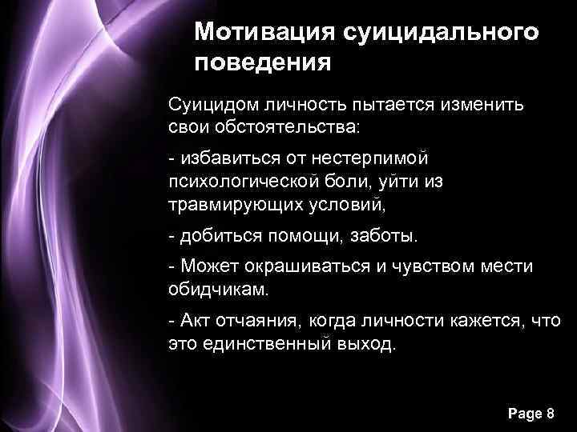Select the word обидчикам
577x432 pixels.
pos(211,289)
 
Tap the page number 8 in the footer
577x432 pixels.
pos(549,414)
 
